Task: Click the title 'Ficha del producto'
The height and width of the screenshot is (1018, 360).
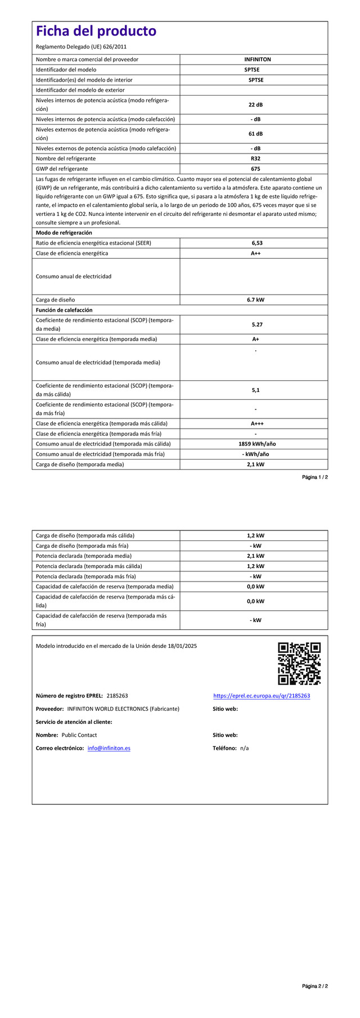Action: [96, 31]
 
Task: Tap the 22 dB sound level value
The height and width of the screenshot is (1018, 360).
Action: [255, 105]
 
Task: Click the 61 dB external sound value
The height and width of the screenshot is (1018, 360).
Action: [255, 134]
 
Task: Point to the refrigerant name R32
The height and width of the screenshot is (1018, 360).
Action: [255, 159]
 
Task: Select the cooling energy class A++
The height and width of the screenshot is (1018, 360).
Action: [255, 253]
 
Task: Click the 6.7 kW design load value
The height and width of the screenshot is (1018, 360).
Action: [255, 300]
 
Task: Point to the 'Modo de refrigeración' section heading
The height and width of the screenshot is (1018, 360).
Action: [64, 233]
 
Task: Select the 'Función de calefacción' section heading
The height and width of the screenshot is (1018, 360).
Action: [64, 310]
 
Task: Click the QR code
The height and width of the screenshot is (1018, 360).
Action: [299, 664]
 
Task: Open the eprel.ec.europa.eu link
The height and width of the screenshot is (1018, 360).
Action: [262, 696]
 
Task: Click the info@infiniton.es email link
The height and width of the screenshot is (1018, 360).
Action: [109, 748]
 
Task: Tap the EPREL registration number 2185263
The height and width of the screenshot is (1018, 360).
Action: [117, 696]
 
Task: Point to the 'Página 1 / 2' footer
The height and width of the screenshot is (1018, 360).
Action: [314, 477]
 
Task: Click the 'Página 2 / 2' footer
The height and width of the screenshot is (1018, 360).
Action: [314, 1002]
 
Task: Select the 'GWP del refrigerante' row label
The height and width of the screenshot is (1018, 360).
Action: [62, 169]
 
